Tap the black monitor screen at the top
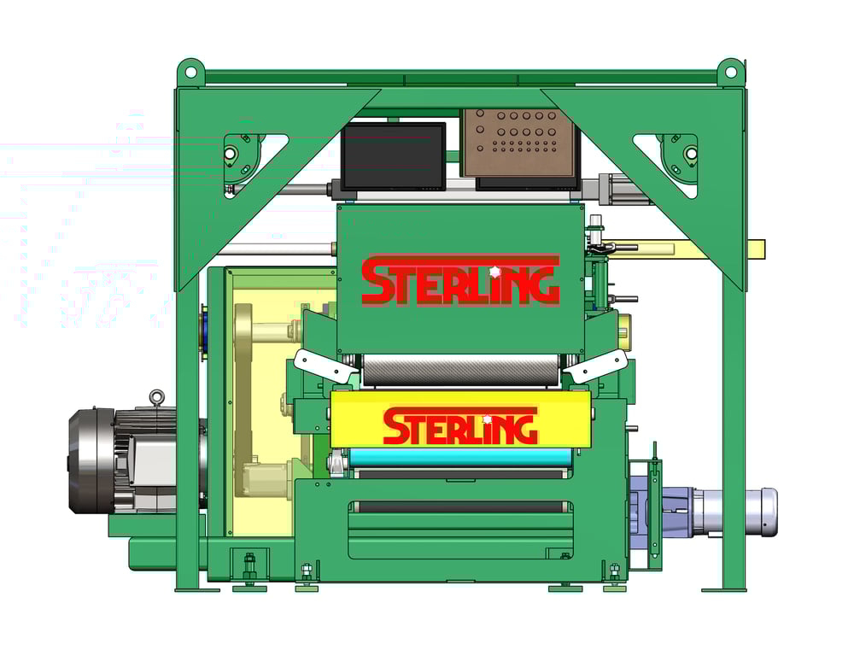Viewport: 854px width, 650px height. tap(393, 155)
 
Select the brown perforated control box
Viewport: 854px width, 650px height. tap(518, 142)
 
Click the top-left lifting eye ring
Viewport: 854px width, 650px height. tap(190, 70)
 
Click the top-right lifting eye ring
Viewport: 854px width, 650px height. tap(730, 70)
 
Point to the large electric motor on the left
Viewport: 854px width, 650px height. tap(128, 461)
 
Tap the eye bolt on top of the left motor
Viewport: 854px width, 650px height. tap(155, 397)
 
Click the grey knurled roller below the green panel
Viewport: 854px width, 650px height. tap(461, 370)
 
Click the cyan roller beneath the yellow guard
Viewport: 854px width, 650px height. tap(461, 459)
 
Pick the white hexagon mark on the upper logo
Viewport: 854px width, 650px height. tap(495, 272)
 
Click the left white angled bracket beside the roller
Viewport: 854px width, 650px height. tap(324, 365)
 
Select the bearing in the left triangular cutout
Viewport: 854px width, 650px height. tap(230, 154)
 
